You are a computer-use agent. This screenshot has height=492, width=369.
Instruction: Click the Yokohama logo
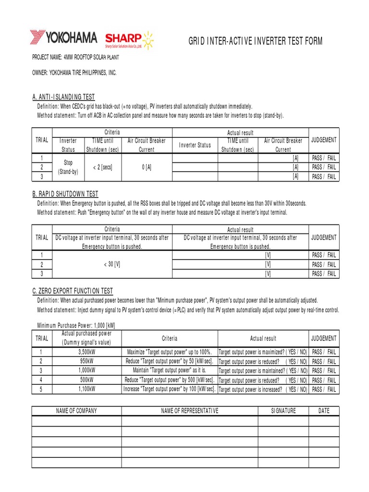point(63,38)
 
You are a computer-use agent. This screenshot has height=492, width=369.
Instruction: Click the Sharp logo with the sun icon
point(131,39)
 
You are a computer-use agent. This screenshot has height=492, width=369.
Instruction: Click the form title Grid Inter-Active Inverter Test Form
point(255,41)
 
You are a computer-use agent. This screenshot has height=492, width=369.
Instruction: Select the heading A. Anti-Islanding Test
point(63,97)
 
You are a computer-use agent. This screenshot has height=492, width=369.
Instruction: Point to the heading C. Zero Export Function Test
point(73,291)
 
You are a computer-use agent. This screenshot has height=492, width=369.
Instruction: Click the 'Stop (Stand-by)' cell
point(68,167)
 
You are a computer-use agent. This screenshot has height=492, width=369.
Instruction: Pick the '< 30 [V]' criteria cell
point(112,265)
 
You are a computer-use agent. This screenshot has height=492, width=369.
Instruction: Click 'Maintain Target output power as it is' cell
point(169,371)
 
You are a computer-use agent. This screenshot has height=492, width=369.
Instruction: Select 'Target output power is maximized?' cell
point(263,352)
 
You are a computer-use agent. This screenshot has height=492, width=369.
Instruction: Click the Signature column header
point(283,411)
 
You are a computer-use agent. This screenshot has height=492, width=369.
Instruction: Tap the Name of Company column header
point(76,411)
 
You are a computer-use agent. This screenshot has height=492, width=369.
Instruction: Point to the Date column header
point(323,411)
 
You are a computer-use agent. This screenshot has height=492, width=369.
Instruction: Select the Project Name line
point(75,57)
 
